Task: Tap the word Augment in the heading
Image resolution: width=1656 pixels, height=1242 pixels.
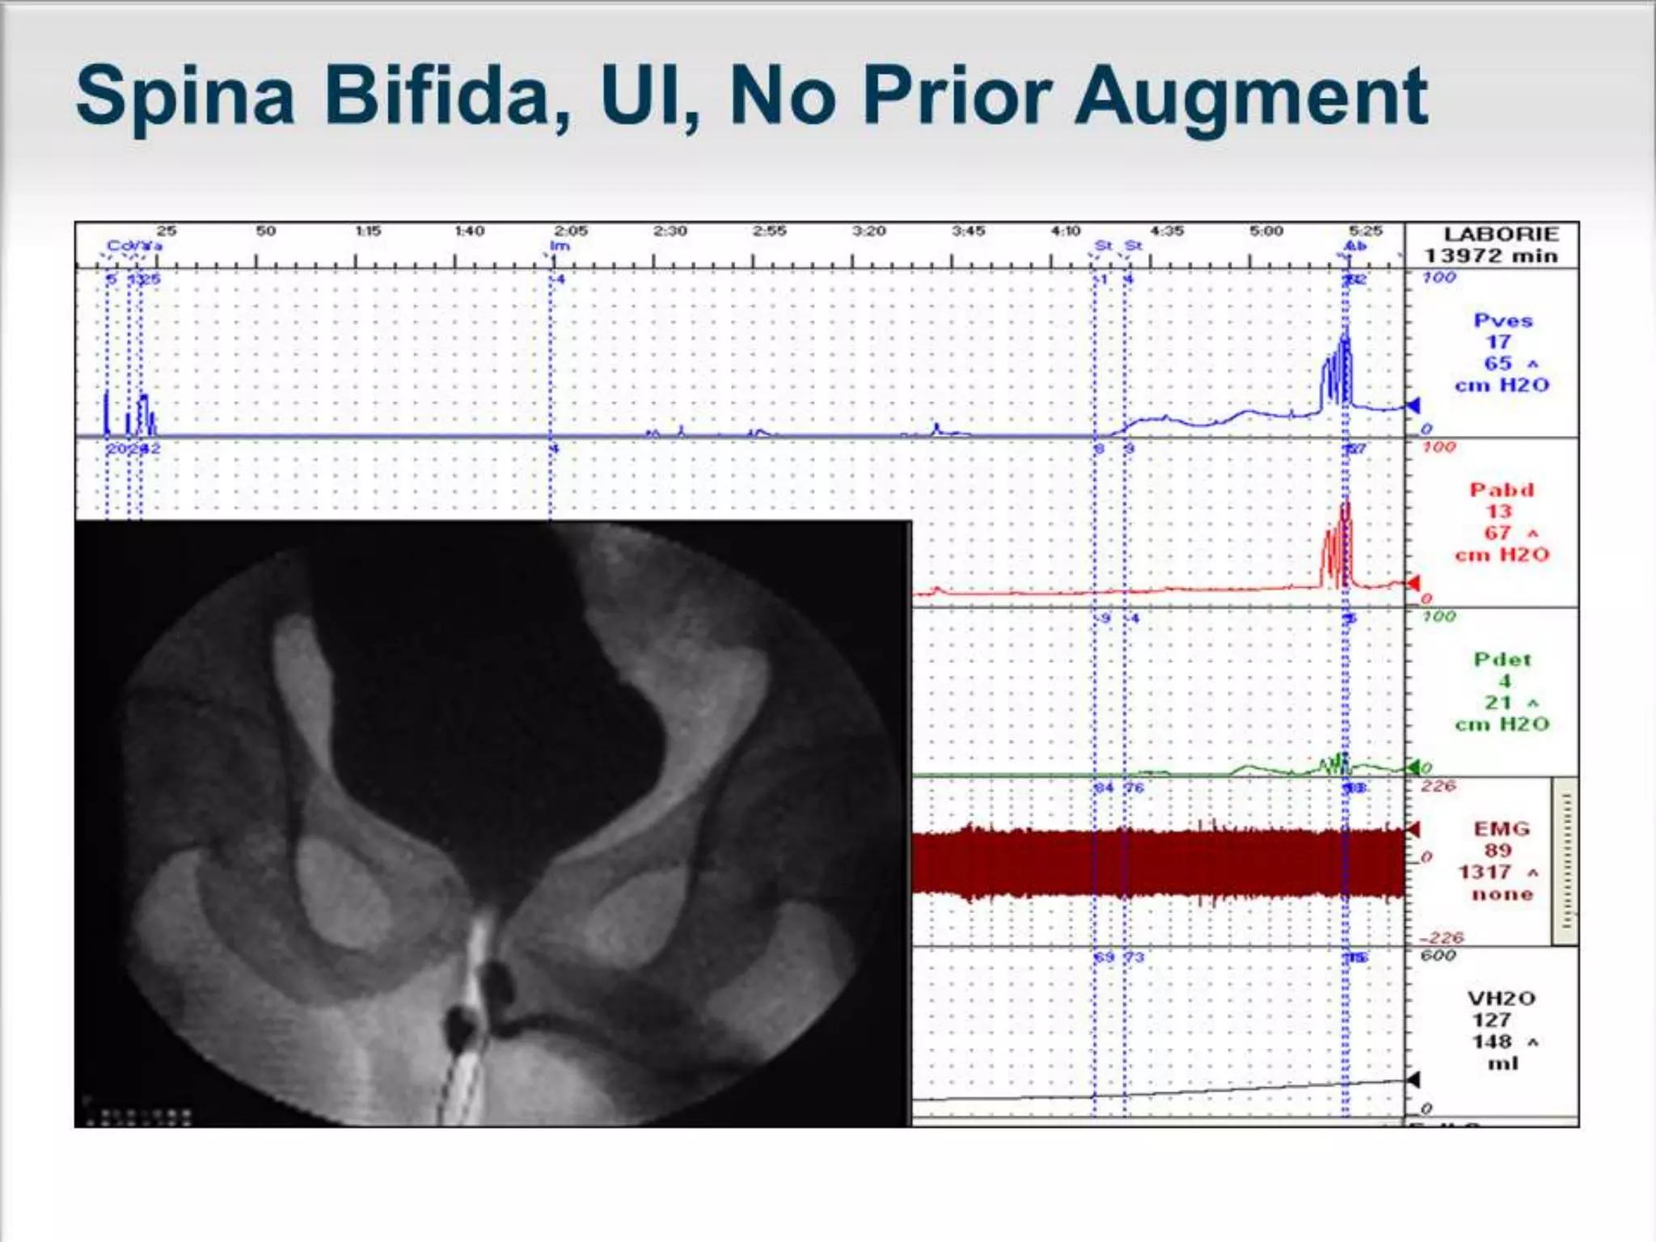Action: [x=1250, y=99]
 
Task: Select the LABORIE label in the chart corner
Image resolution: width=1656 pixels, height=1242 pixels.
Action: [x=1501, y=234]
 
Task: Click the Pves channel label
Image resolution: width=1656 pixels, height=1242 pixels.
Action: [x=1502, y=320]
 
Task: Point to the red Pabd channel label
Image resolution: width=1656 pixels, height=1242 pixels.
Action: [x=1502, y=490]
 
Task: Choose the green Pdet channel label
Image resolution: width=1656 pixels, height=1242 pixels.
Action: [x=1502, y=660]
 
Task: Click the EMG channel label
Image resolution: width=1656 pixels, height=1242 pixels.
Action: [x=1502, y=829]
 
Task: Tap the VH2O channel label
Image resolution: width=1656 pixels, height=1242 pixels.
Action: [x=1502, y=999]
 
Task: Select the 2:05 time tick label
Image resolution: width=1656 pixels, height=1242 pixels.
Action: [x=571, y=231]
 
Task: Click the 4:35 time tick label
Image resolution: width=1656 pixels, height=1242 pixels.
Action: [x=1167, y=231]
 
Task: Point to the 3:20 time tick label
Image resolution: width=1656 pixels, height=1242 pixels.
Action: [x=868, y=231]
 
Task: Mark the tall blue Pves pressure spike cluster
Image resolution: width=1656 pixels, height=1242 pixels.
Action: [x=1337, y=372]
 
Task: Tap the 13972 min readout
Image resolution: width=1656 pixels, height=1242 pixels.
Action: [x=1490, y=256]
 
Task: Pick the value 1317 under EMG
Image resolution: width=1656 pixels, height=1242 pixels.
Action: [x=1485, y=872]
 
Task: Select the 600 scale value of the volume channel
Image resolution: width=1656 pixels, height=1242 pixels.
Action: [x=1438, y=956]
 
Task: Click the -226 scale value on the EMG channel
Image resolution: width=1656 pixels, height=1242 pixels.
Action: [x=1441, y=938]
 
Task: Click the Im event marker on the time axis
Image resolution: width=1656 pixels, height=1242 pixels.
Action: [x=560, y=246]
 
